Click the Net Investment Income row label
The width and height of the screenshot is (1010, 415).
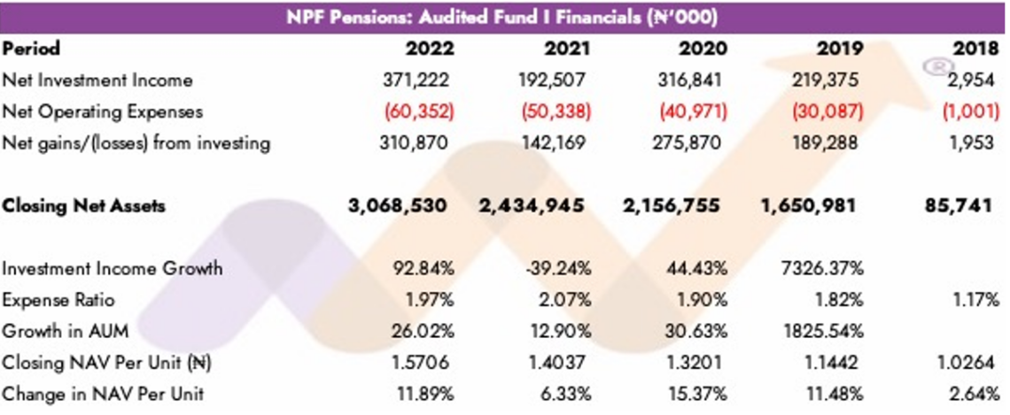[97, 80]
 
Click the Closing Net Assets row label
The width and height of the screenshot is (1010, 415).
[84, 206]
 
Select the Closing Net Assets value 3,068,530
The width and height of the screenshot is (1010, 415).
[396, 206]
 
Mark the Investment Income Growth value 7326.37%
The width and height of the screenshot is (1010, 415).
[828, 269]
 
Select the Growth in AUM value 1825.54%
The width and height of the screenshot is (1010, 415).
[828, 332]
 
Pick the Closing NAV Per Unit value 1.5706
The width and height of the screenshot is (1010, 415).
[425, 363]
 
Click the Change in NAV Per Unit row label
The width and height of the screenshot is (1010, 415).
[103, 394]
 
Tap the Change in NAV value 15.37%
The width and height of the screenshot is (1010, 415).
[696, 394]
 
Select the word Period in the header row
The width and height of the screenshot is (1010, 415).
[31, 50]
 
